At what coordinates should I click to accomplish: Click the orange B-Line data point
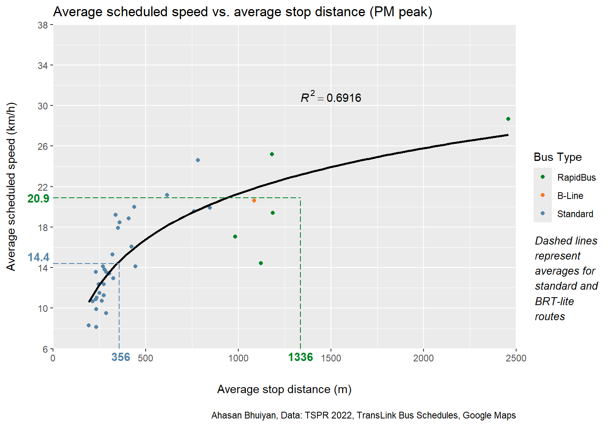[254, 201]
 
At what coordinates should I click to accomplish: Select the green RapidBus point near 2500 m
[508, 119]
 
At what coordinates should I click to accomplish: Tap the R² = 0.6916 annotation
[331, 97]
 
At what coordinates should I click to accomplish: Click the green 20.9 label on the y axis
[38, 199]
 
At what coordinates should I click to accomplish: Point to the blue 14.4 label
[38, 258]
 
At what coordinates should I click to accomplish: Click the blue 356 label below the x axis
[121, 357]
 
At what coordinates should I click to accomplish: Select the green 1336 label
[300, 357]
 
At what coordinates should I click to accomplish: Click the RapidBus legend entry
[576, 178]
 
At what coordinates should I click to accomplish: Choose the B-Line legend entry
[570, 196]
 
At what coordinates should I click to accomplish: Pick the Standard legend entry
[575, 214]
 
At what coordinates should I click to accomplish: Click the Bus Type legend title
[558, 157]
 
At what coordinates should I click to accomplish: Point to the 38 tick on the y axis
[43, 25]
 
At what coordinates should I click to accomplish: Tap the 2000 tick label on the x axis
[424, 358]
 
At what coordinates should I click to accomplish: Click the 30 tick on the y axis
[43, 106]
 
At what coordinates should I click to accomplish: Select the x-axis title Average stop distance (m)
[284, 390]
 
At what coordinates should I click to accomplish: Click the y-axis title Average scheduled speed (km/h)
[11, 187]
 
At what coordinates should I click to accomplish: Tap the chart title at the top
[243, 12]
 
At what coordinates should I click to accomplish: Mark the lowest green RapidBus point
[261, 263]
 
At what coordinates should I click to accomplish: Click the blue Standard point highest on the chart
[198, 160]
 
